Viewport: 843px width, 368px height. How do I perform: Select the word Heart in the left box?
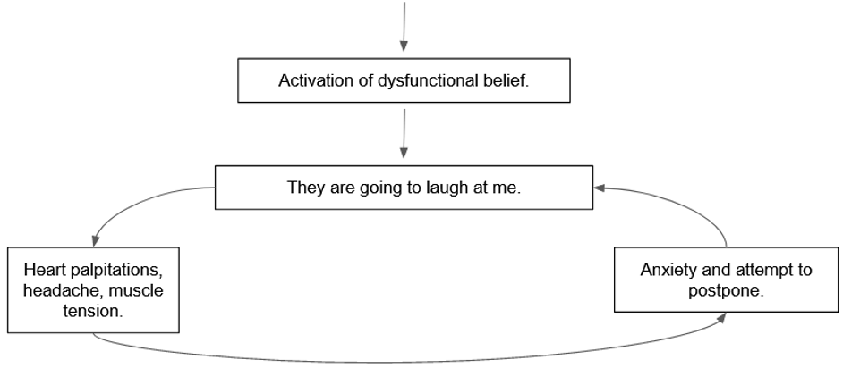(43, 269)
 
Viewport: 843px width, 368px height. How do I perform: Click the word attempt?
(762, 271)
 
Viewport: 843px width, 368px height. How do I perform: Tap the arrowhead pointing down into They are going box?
(404, 155)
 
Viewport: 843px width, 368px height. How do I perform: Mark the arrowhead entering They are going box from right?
(600, 188)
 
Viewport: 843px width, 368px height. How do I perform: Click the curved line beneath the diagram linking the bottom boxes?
(403, 361)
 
